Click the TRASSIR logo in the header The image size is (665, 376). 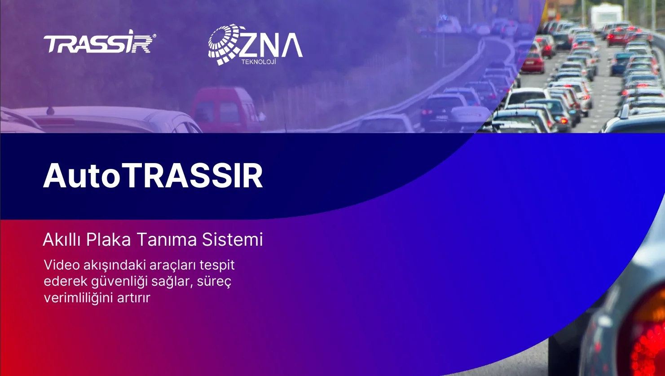(x=100, y=42)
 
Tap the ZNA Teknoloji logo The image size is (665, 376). (x=255, y=44)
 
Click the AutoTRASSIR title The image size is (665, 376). (x=153, y=176)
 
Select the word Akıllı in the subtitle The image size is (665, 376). (x=62, y=239)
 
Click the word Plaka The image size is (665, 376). (x=108, y=239)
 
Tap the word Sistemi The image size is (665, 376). (x=233, y=239)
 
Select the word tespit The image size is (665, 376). (x=217, y=265)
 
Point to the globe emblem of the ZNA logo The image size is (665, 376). (x=224, y=44)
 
